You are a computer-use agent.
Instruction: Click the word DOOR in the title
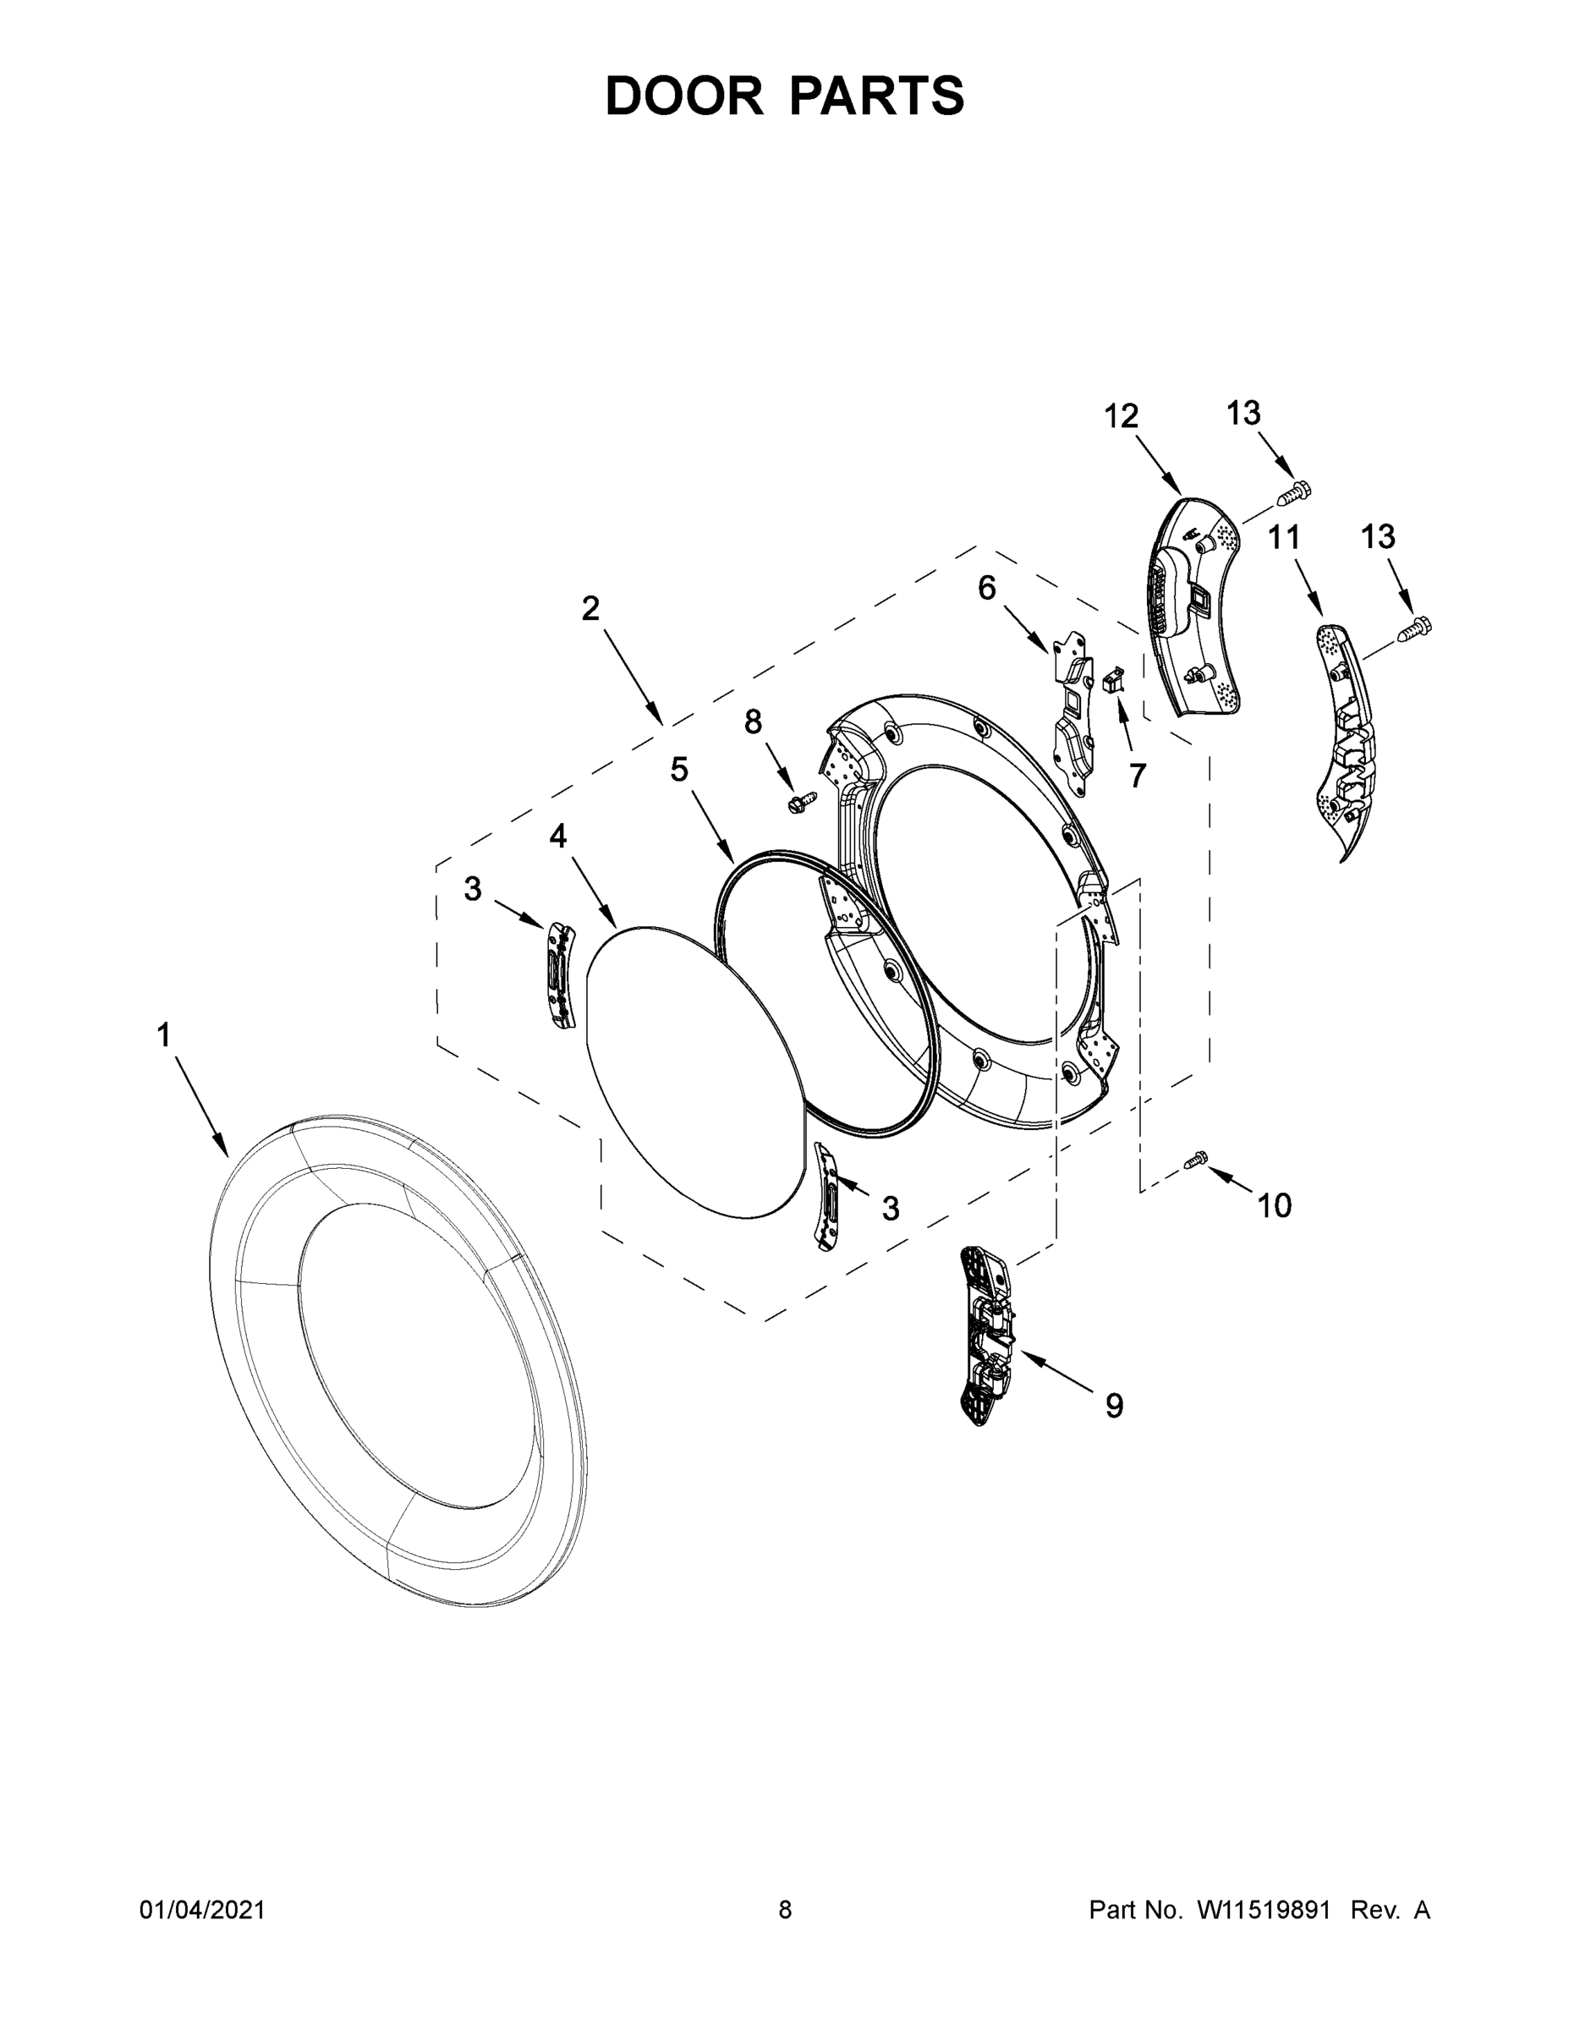(683, 96)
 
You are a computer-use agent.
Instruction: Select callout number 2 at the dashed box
(590, 609)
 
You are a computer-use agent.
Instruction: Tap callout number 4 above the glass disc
(557, 837)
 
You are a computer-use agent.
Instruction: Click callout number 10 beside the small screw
(1275, 1205)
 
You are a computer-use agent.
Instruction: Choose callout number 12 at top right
(1121, 416)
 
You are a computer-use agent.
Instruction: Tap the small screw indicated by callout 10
(1196, 1159)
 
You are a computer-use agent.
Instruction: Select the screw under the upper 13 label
(1292, 491)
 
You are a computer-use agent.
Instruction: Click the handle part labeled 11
(1343, 735)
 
